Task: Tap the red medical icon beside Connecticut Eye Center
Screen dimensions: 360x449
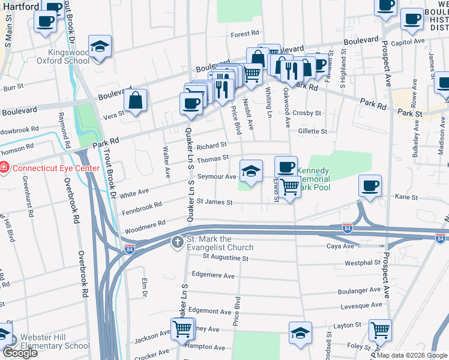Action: coord(5,168)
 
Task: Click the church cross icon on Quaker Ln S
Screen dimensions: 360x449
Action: coord(177,242)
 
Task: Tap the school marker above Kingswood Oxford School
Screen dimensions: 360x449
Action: coord(100,47)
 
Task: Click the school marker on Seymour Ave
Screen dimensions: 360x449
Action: coord(251,171)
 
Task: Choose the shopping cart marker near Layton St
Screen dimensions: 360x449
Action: coord(380,329)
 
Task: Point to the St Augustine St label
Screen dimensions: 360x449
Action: coord(225,258)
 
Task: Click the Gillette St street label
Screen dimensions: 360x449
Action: coord(312,131)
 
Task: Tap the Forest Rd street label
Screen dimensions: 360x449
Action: coord(244,34)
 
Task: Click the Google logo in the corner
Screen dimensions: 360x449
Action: coord(20,353)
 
